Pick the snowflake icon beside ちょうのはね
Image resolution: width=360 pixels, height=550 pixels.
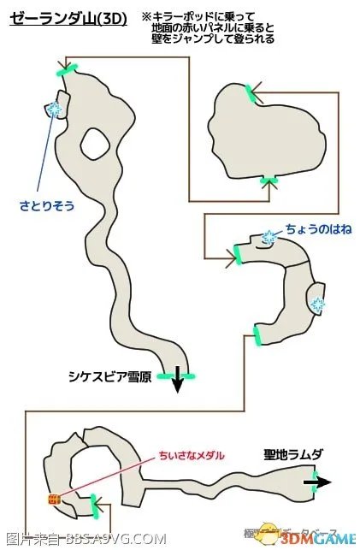coord(269,237)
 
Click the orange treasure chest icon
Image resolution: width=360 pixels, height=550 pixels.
coord(54,498)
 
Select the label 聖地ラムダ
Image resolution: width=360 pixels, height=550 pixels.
coord(293,454)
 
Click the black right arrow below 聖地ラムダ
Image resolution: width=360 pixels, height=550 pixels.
coord(316,482)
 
